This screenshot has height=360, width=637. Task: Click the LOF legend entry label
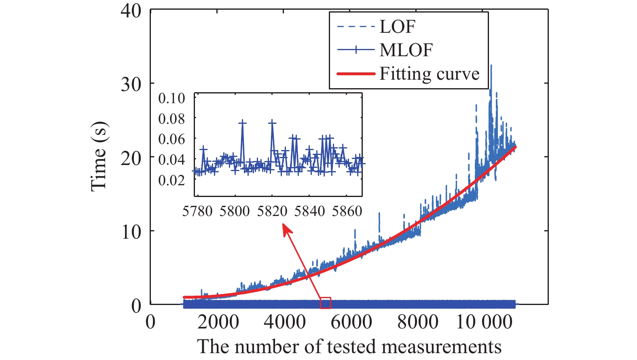pos(397,27)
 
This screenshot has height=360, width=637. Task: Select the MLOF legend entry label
pos(406,50)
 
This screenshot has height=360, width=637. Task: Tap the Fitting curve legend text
pos(429,74)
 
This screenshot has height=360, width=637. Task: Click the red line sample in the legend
pos(356,74)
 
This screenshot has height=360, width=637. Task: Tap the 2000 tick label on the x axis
pos(218,322)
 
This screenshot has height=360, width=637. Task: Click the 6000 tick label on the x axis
pos(351,322)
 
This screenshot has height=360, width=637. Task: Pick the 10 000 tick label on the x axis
pos(484,322)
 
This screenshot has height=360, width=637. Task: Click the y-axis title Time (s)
pos(99,157)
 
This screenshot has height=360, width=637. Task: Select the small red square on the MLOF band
pos(326,303)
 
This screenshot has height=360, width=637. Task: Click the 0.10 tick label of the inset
pos(171,98)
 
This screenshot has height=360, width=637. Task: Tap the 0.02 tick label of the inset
pos(171,180)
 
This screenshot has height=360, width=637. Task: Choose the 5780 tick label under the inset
pos(197,211)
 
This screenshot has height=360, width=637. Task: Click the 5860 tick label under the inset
pos(347,211)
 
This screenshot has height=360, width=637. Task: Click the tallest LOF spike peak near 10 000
pos(491,65)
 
